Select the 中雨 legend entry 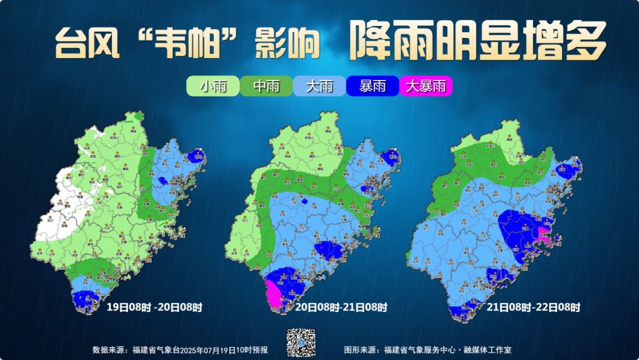[266, 86]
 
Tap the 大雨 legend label [319, 86]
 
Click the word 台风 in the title [80, 43]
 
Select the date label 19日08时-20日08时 [154, 307]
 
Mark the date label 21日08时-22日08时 [533, 307]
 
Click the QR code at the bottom [301, 343]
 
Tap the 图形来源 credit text [428, 350]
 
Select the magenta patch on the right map [543, 235]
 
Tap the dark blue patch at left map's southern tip [86, 300]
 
